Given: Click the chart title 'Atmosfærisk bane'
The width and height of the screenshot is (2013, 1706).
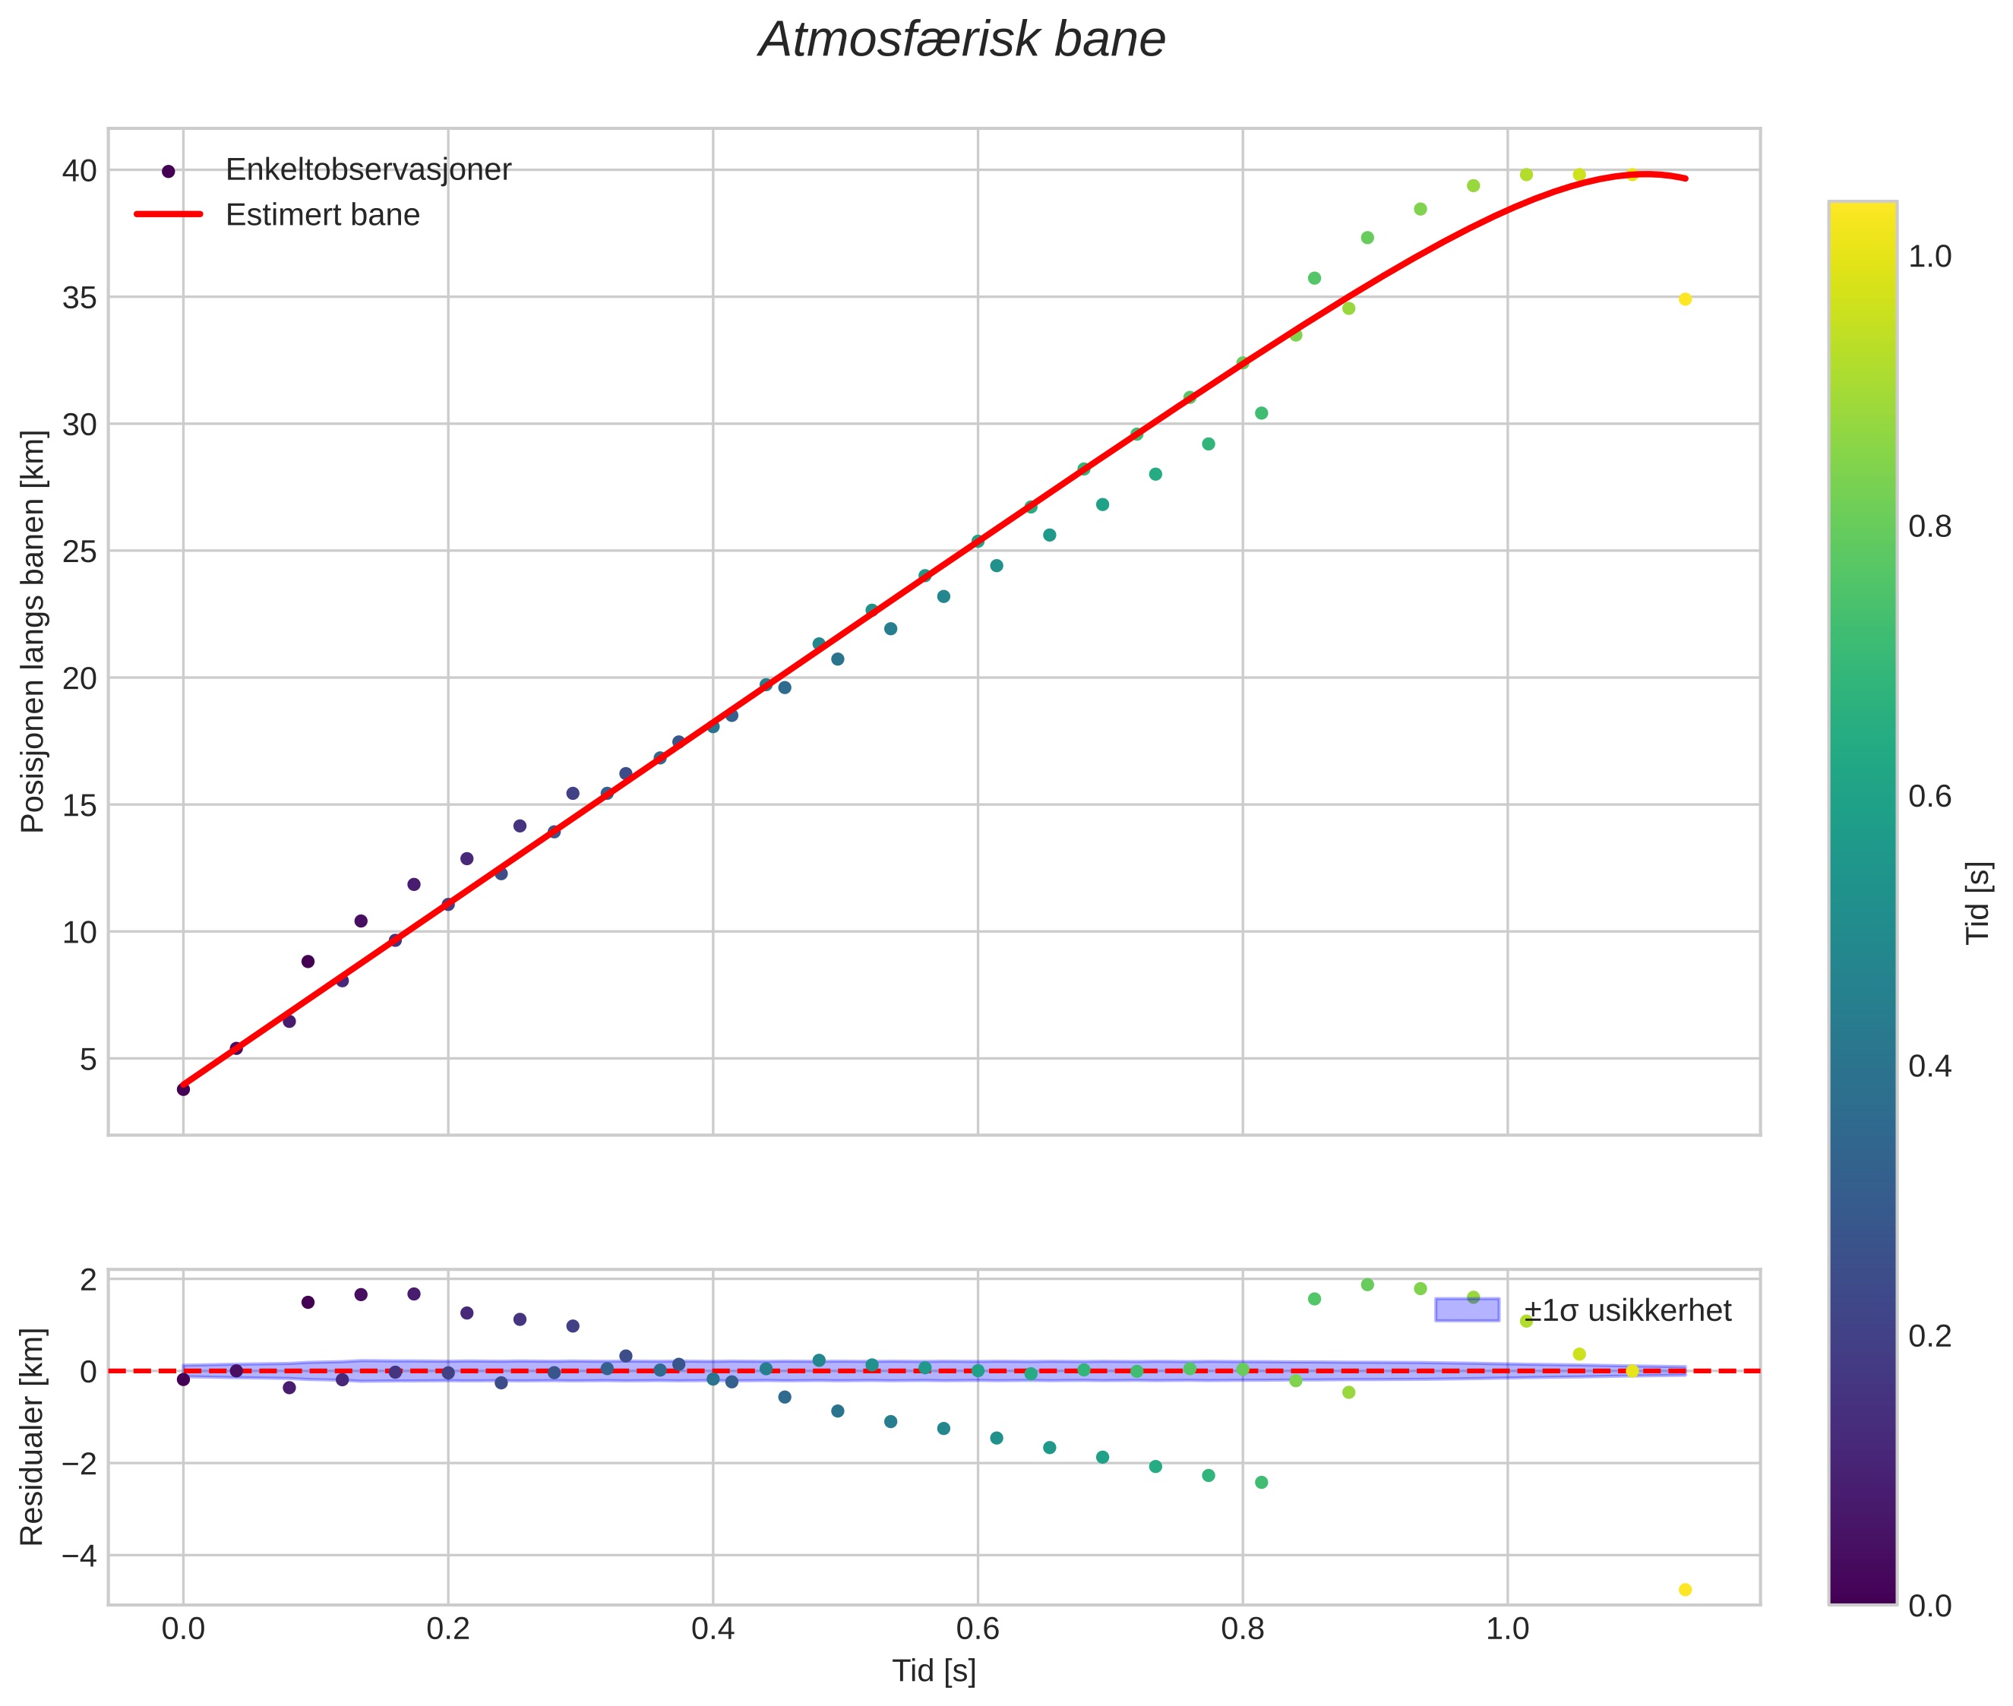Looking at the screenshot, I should coord(962,40).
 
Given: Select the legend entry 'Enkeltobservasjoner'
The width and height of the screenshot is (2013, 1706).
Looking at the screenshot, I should coord(368,169).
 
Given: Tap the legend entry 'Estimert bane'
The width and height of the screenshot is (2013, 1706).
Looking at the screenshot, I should coord(322,215).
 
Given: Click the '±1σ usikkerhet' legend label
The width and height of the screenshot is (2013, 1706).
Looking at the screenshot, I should coord(1627,1310).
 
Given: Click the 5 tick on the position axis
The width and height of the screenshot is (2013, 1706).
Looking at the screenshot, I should coord(88,1059).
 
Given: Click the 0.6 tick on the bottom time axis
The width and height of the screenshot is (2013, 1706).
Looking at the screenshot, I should coord(977,1629).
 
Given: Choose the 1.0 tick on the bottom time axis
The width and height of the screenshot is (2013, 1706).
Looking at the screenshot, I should coord(1507,1629).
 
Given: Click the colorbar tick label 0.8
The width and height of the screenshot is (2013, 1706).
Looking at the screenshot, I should coord(1929,526).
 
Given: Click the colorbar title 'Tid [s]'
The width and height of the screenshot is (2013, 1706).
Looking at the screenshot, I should coord(1979,902).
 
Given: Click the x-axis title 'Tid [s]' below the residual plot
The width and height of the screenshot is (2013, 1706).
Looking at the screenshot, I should coord(934,1671).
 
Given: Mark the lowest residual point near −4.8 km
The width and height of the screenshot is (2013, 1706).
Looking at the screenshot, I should coord(1685,1590).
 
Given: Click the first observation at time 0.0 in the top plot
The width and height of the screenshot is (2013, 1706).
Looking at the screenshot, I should coord(183,1089).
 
